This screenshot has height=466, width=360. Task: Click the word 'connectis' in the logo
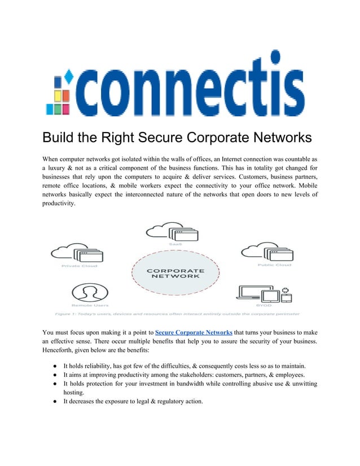[x=189, y=90]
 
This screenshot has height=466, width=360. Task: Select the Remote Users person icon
[x=87, y=292]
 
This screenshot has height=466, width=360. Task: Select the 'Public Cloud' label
[x=274, y=265]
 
